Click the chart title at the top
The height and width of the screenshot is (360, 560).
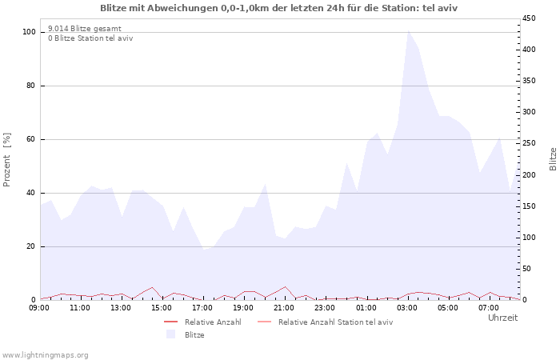279,7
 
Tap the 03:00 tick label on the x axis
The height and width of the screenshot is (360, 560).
407,307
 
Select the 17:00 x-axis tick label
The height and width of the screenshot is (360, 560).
202,307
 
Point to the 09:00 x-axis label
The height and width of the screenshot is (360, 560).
39,307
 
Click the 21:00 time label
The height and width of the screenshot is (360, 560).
284,307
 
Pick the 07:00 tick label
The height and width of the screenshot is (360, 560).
490,307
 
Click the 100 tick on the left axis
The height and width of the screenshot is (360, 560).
29,32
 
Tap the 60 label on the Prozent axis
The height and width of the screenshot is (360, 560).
31,139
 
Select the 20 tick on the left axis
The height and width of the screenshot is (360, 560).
31,246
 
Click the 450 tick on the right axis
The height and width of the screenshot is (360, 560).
530,18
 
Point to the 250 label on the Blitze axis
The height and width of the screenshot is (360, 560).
530,143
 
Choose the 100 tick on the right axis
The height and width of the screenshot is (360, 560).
530,238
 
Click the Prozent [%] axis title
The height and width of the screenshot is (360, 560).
7,160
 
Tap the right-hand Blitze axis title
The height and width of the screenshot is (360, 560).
553,158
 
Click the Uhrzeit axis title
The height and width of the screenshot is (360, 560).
502,318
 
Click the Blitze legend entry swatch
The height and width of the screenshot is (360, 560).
170,334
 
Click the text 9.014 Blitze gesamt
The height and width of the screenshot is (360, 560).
85,28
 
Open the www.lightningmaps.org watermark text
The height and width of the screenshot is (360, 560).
45,354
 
